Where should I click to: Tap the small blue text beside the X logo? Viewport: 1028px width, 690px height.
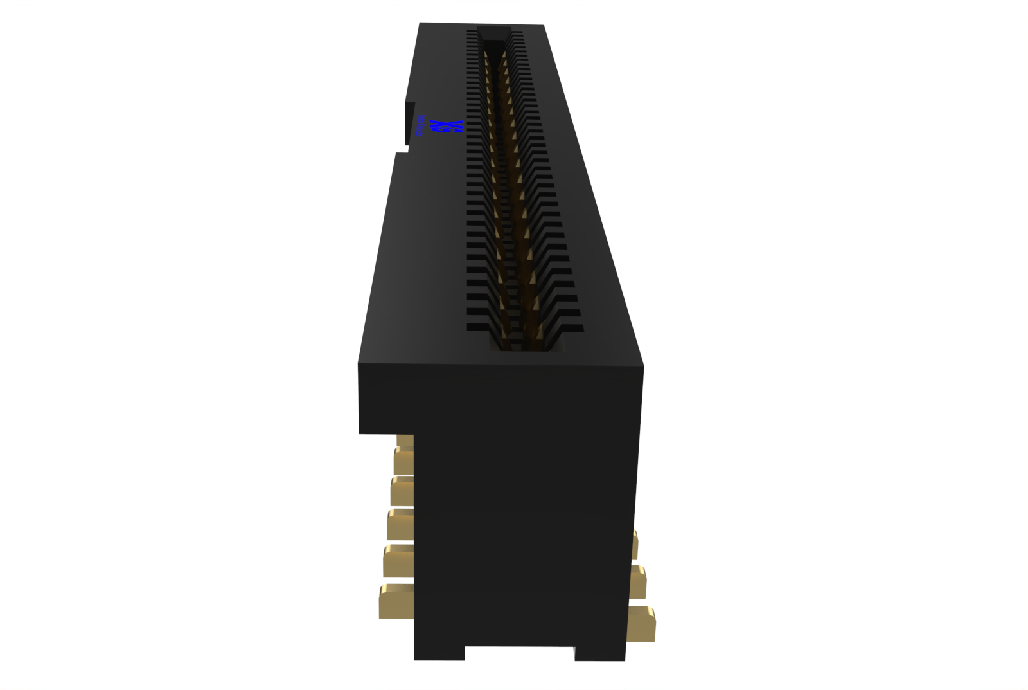[421, 126]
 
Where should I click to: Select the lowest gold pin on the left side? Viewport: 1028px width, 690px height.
[396, 603]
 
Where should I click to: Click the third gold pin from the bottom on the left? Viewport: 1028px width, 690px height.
[400, 524]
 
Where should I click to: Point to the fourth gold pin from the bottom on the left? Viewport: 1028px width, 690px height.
[402, 491]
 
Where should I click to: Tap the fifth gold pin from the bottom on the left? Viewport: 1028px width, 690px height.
[403, 460]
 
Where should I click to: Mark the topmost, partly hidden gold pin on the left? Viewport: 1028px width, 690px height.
[405, 440]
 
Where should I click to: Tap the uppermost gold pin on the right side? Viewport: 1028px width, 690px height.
[635, 545]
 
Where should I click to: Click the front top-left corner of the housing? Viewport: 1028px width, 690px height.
[359, 365]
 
